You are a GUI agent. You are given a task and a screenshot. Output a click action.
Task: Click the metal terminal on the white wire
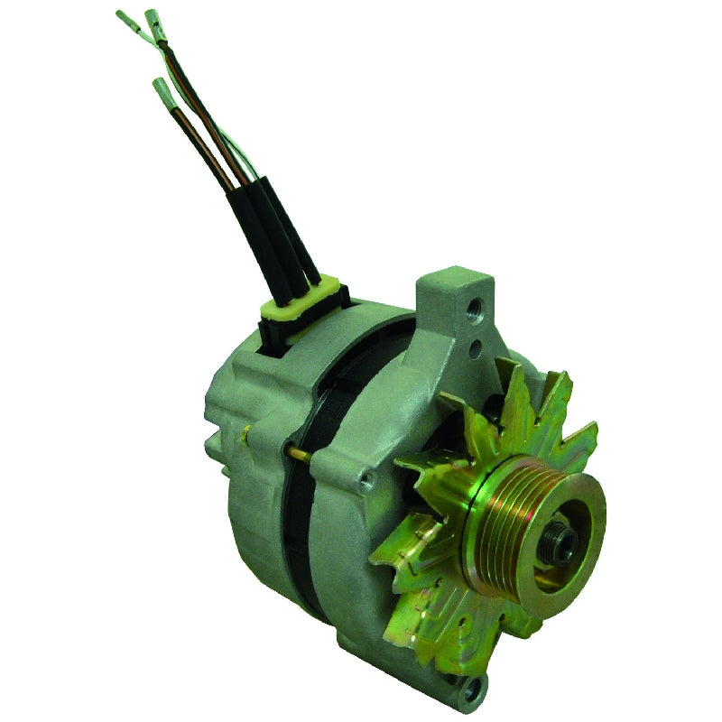pyautogui.click(x=125, y=21)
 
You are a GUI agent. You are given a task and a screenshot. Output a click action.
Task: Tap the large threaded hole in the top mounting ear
pyautogui.click(x=473, y=310)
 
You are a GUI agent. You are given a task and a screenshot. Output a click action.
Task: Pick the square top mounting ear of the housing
pyautogui.click(x=451, y=298)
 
